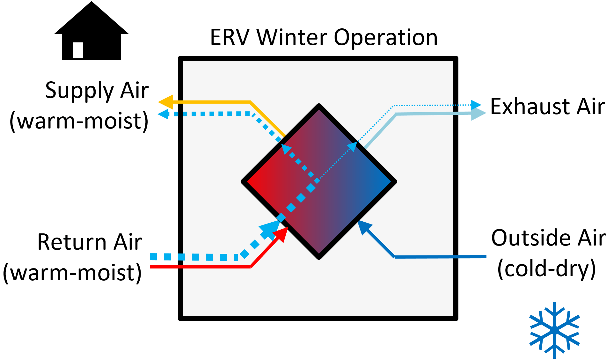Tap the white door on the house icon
click(x=78, y=50)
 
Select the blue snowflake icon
click(x=554, y=330)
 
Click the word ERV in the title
click(x=230, y=38)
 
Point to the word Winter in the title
click(x=292, y=38)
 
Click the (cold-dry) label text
click(x=546, y=269)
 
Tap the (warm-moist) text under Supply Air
click(x=79, y=121)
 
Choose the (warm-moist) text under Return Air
click(x=72, y=273)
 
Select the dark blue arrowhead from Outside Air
click(x=363, y=226)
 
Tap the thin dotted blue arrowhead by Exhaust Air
click(x=476, y=105)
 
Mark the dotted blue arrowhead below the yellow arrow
click(x=163, y=114)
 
